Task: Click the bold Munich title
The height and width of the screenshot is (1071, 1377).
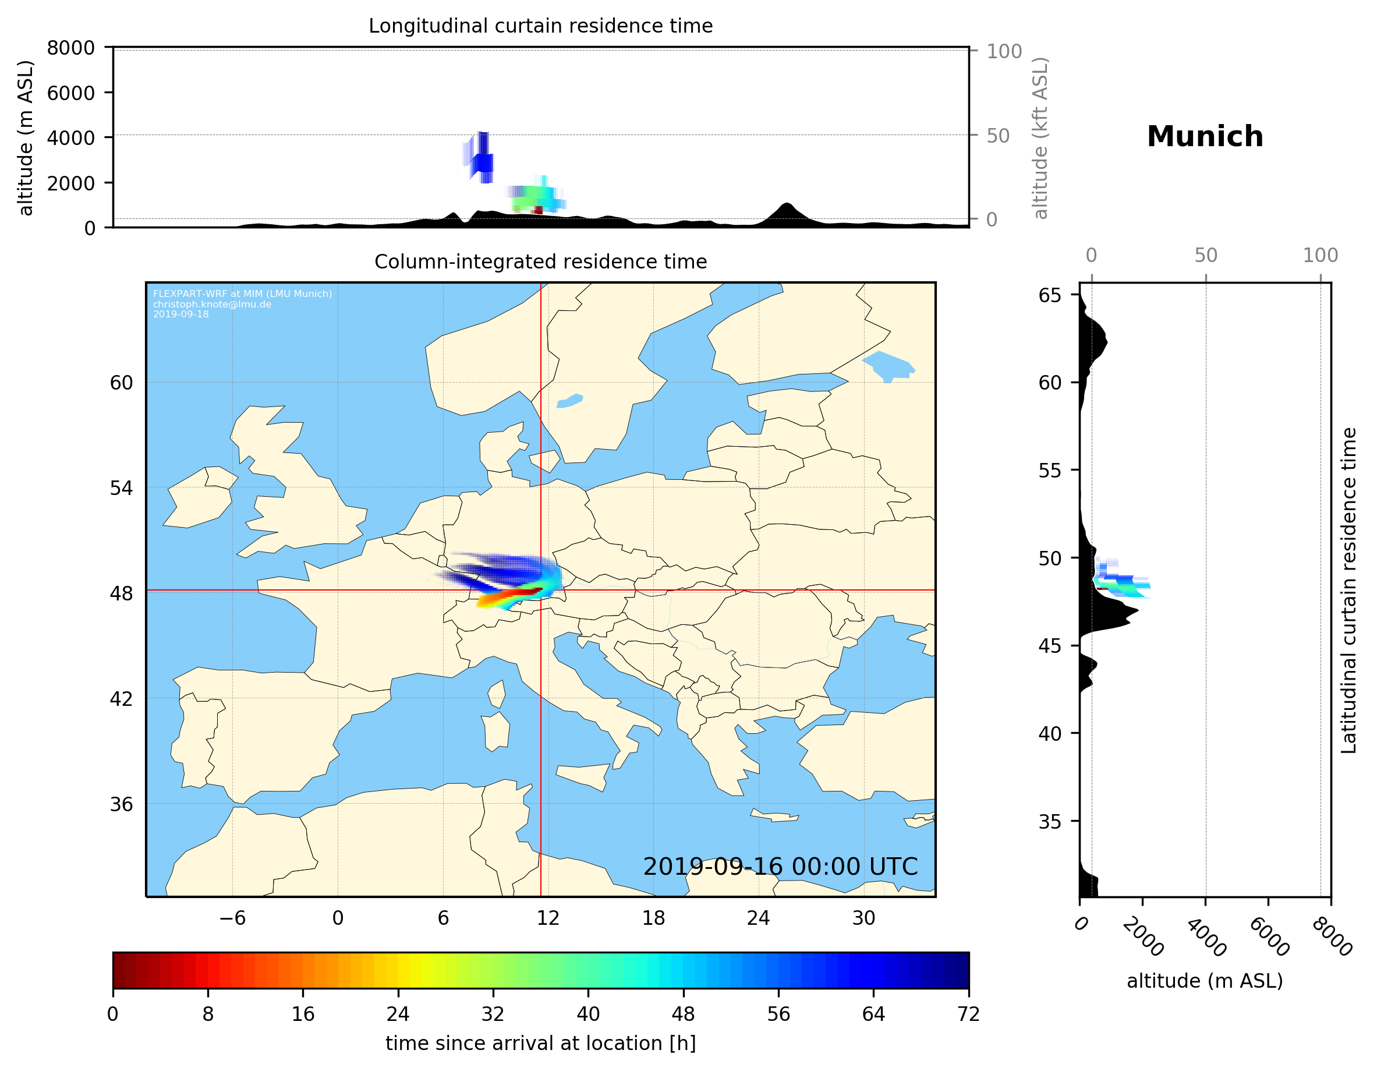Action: pos(1204,137)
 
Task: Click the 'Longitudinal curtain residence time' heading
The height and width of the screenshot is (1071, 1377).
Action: pos(540,26)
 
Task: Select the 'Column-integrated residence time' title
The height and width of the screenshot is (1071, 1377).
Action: pos(540,261)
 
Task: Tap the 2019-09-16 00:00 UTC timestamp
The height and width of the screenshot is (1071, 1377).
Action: pos(780,867)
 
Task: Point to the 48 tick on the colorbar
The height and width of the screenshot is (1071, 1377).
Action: pos(683,1015)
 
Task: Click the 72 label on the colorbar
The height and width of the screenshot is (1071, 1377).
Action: pos(968,1015)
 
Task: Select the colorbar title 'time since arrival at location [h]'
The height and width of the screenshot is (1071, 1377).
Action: pos(540,1044)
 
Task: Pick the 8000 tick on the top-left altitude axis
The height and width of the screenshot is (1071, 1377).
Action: pos(70,48)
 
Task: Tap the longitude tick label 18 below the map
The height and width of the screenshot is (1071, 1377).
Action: pos(653,918)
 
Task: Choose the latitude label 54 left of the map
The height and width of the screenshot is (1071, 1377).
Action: pos(121,488)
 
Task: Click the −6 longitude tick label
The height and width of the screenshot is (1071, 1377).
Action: pos(232,918)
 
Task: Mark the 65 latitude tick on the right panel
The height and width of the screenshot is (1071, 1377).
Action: pos(1050,295)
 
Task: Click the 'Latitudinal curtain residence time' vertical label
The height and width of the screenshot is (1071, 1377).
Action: pos(1348,591)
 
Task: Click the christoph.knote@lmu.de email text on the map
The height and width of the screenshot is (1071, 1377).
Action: pos(212,304)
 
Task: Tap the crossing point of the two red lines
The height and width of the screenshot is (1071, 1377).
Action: pos(541,591)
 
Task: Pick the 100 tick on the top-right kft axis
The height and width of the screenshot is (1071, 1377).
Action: pos(1004,51)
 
